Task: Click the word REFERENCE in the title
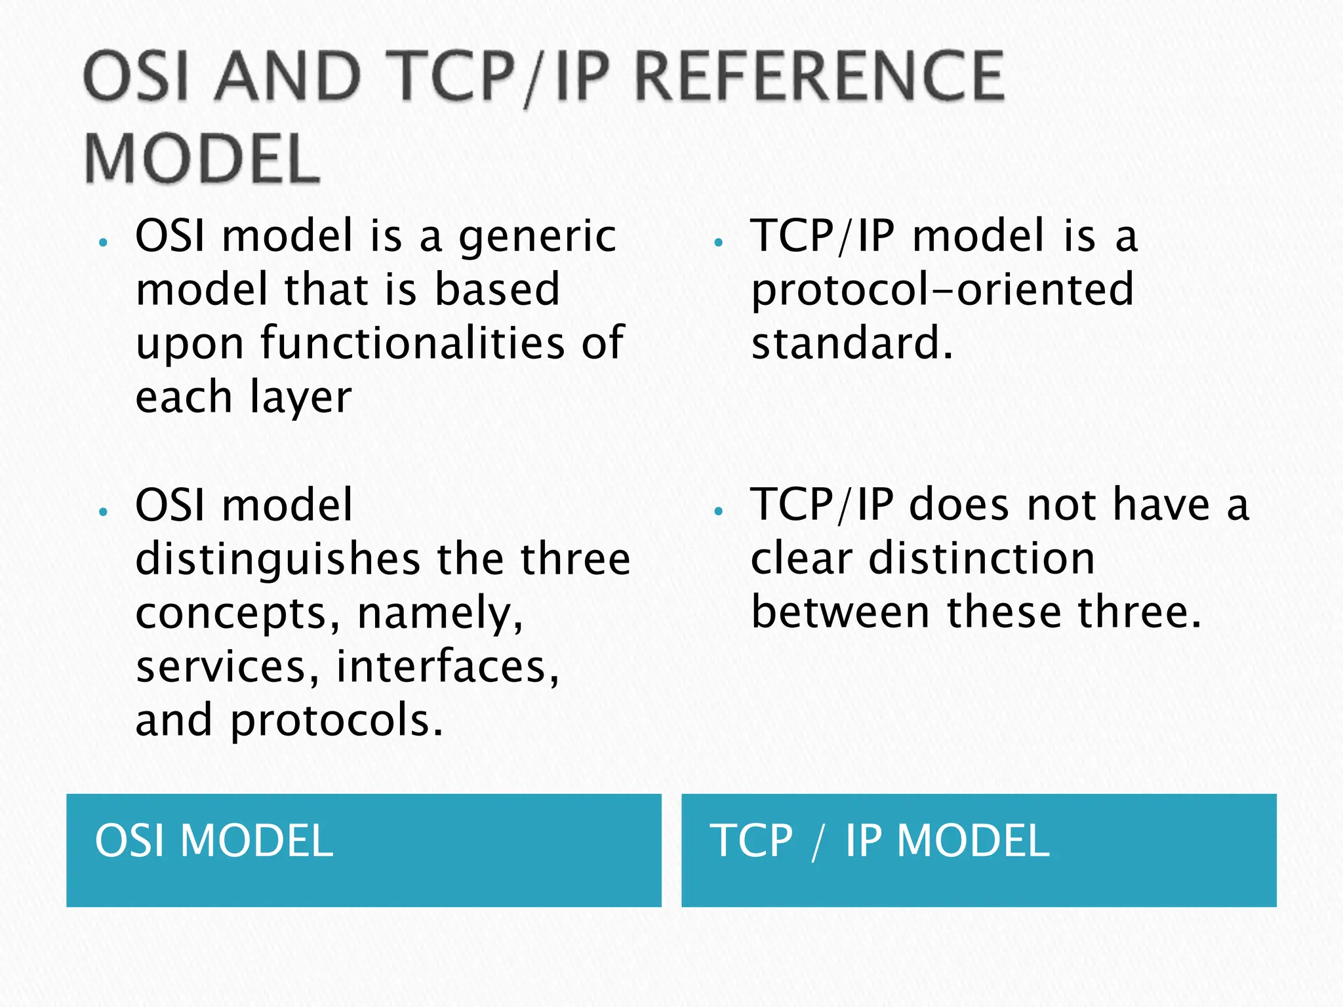819,77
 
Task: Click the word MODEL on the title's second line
202,159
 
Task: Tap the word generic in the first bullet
537,237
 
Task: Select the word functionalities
412,344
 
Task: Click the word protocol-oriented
942,290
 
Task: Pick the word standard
851,344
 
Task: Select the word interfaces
448,667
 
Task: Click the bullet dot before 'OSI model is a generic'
102,243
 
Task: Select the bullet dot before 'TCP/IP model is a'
718,243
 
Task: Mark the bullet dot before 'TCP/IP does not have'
718,511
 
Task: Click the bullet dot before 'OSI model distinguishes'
102,511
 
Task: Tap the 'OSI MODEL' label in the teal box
214,841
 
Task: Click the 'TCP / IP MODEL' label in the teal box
879,841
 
